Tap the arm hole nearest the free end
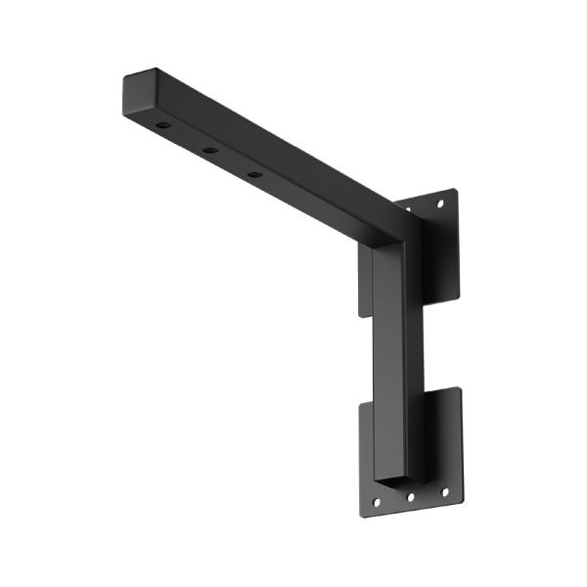163,127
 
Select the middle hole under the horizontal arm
209,151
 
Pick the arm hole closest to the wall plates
254,174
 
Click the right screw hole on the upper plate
440,204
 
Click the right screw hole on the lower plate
445,492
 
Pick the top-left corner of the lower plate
360,404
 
